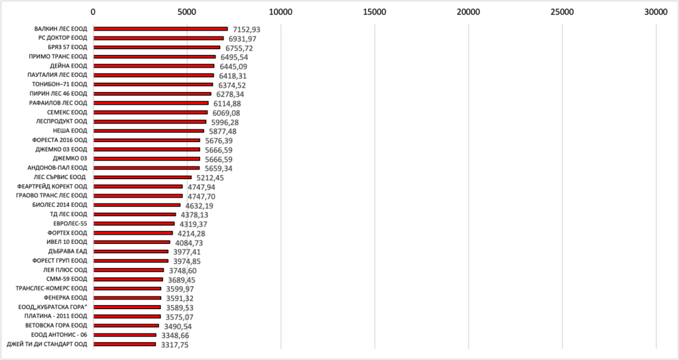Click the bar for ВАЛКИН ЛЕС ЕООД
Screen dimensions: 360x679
point(160,29)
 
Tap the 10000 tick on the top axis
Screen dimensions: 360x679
point(281,11)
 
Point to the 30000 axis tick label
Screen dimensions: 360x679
point(656,11)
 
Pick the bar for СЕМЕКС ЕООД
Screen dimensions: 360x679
point(151,113)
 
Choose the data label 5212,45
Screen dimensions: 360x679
point(212,178)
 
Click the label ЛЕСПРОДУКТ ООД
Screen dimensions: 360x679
point(61,122)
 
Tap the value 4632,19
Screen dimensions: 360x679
point(199,206)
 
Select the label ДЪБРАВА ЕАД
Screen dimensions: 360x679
point(68,252)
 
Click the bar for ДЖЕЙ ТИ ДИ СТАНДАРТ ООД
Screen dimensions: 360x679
point(125,345)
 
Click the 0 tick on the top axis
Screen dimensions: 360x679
point(93,11)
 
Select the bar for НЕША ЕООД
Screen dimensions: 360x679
point(149,131)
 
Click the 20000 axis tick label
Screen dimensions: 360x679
point(469,11)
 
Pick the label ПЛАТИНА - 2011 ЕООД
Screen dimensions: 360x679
point(56,317)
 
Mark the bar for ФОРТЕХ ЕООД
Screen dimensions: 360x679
point(133,233)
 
